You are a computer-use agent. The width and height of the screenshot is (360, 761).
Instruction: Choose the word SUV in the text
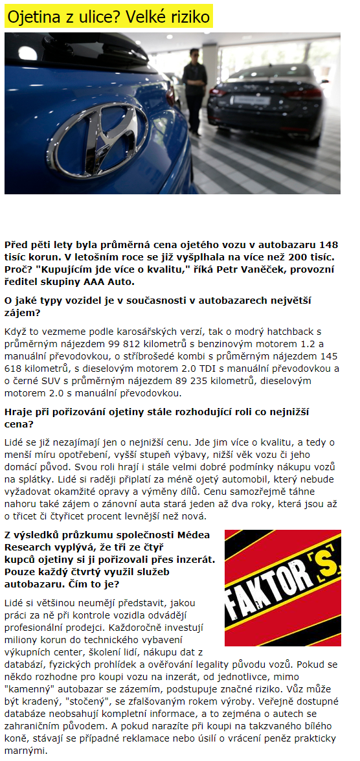pyautogui.click(x=56, y=380)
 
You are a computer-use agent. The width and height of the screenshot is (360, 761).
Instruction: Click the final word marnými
pyautogui.click(x=25, y=750)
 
